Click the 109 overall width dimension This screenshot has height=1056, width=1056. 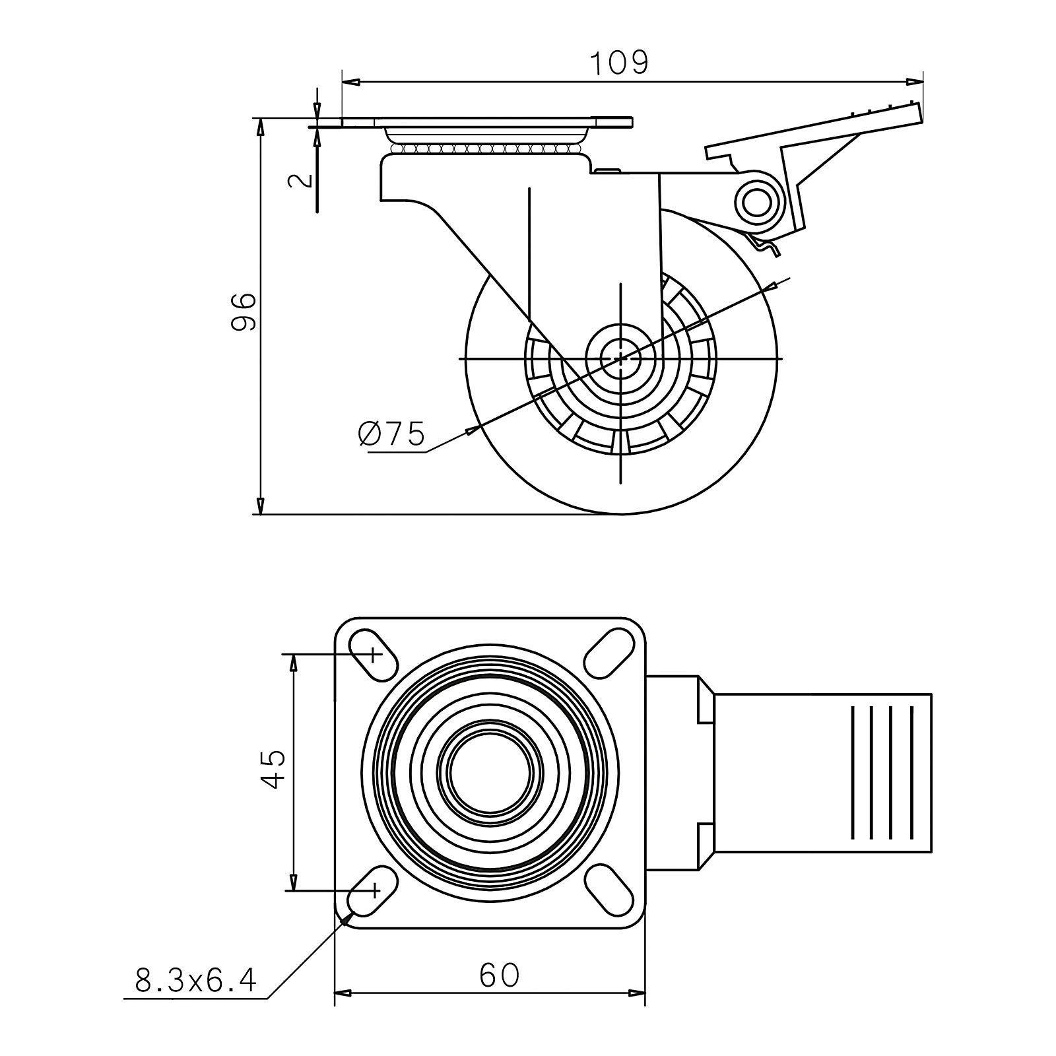point(619,63)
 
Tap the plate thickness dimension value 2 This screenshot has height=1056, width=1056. point(301,180)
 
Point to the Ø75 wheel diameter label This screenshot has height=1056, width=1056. point(391,434)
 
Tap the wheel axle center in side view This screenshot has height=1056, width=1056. point(621,358)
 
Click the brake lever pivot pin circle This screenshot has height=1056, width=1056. point(758,203)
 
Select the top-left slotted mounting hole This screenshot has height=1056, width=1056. point(374,655)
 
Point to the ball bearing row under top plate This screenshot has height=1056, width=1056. point(485,150)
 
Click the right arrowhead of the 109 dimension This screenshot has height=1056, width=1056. point(916,82)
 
